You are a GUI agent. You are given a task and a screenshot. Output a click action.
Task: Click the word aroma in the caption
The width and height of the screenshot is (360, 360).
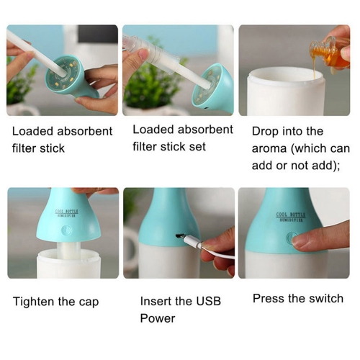(269, 149)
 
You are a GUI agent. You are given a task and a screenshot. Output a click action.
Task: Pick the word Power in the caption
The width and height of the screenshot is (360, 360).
(158, 318)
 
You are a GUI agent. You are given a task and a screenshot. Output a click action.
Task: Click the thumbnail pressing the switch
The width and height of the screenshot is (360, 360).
(303, 240)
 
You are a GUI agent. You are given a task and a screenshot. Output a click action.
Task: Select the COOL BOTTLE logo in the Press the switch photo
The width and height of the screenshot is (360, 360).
(290, 217)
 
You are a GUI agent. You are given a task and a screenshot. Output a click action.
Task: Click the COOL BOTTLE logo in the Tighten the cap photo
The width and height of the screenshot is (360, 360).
(66, 213)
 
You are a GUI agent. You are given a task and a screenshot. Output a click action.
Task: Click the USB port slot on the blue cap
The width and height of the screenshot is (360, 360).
(179, 236)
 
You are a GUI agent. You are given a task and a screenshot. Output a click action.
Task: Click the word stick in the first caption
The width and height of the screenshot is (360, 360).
(52, 148)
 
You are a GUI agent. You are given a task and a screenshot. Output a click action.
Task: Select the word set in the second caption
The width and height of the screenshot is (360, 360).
(197, 146)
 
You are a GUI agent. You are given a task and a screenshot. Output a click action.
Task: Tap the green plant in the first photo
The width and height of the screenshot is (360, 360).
(20, 81)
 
